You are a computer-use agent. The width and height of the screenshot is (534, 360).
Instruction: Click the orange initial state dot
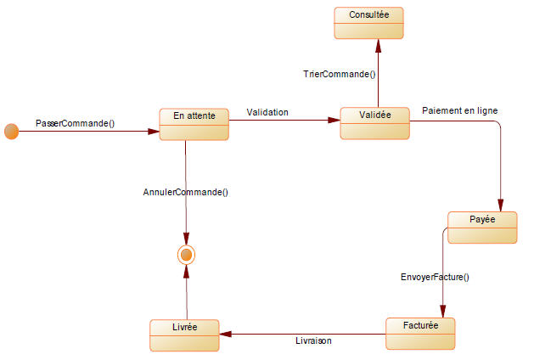11,132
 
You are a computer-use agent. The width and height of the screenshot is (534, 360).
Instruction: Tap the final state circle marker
186,253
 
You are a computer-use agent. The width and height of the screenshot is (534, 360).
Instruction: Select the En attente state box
194,124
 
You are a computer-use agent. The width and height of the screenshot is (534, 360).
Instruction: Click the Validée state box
374,123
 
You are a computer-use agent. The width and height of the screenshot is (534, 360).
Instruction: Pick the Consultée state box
368,22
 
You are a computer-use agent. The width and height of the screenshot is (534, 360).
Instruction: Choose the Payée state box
482,227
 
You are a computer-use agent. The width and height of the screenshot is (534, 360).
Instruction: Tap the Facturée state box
419,334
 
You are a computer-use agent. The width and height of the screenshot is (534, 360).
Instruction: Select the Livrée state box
184,335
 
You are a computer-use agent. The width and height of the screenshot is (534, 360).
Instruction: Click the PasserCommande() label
75,123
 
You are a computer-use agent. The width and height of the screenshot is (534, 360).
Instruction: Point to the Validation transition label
267,112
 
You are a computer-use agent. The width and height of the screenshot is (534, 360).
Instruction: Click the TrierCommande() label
340,74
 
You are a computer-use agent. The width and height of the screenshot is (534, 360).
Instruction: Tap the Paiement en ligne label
459,110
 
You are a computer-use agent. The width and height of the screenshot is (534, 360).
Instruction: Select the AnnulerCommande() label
185,192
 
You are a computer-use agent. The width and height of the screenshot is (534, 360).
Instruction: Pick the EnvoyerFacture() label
435,277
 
